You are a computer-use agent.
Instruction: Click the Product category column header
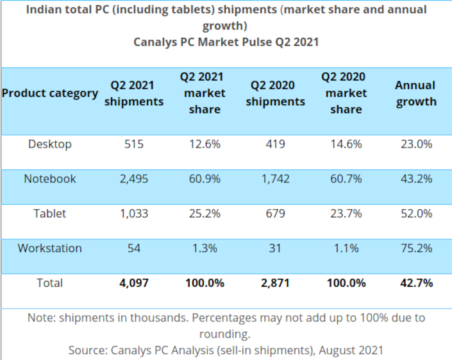click(50, 93)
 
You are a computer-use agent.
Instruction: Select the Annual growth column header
click(415, 93)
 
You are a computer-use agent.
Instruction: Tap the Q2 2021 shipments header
click(133, 93)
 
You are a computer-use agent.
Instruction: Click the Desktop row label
click(50, 144)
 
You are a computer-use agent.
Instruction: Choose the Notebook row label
click(50, 179)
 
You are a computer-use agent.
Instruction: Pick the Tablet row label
click(50, 214)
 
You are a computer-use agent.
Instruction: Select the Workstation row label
click(50, 248)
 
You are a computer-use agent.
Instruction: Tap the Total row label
click(50, 283)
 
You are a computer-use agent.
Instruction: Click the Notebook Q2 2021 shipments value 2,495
click(133, 179)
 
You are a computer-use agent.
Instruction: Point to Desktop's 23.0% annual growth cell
click(415, 144)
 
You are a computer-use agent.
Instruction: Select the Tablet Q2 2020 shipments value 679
click(275, 214)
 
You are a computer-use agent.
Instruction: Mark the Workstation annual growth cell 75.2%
click(415, 248)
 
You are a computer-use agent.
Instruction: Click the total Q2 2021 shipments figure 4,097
click(133, 283)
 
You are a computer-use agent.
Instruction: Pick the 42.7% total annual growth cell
click(415, 283)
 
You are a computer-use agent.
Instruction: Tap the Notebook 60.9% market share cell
click(205, 179)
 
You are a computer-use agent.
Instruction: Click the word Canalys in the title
click(156, 42)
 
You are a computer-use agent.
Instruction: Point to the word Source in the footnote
click(87, 350)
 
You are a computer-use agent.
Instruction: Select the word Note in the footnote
click(41, 318)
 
